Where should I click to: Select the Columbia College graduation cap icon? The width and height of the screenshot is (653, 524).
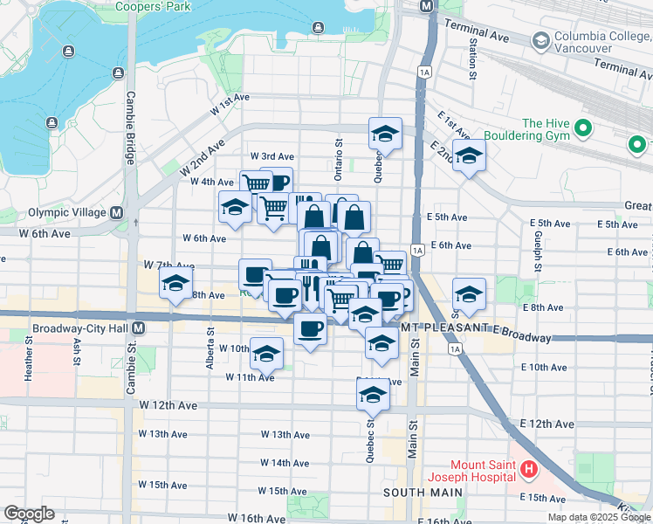click(540, 41)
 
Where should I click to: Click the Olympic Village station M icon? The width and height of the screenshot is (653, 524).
click(116, 212)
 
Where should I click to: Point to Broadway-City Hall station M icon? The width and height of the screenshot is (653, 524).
click(152, 328)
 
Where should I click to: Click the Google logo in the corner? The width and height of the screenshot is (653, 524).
click(29, 514)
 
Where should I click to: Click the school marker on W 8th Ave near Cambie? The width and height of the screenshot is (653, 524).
click(175, 284)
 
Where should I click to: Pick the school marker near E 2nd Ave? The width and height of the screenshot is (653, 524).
click(470, 157)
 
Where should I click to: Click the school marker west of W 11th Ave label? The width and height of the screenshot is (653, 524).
click(266, 353)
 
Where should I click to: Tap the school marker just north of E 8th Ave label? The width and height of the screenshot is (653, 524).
click(469, 294)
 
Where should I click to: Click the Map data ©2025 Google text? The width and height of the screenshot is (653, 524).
click(598, 517)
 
